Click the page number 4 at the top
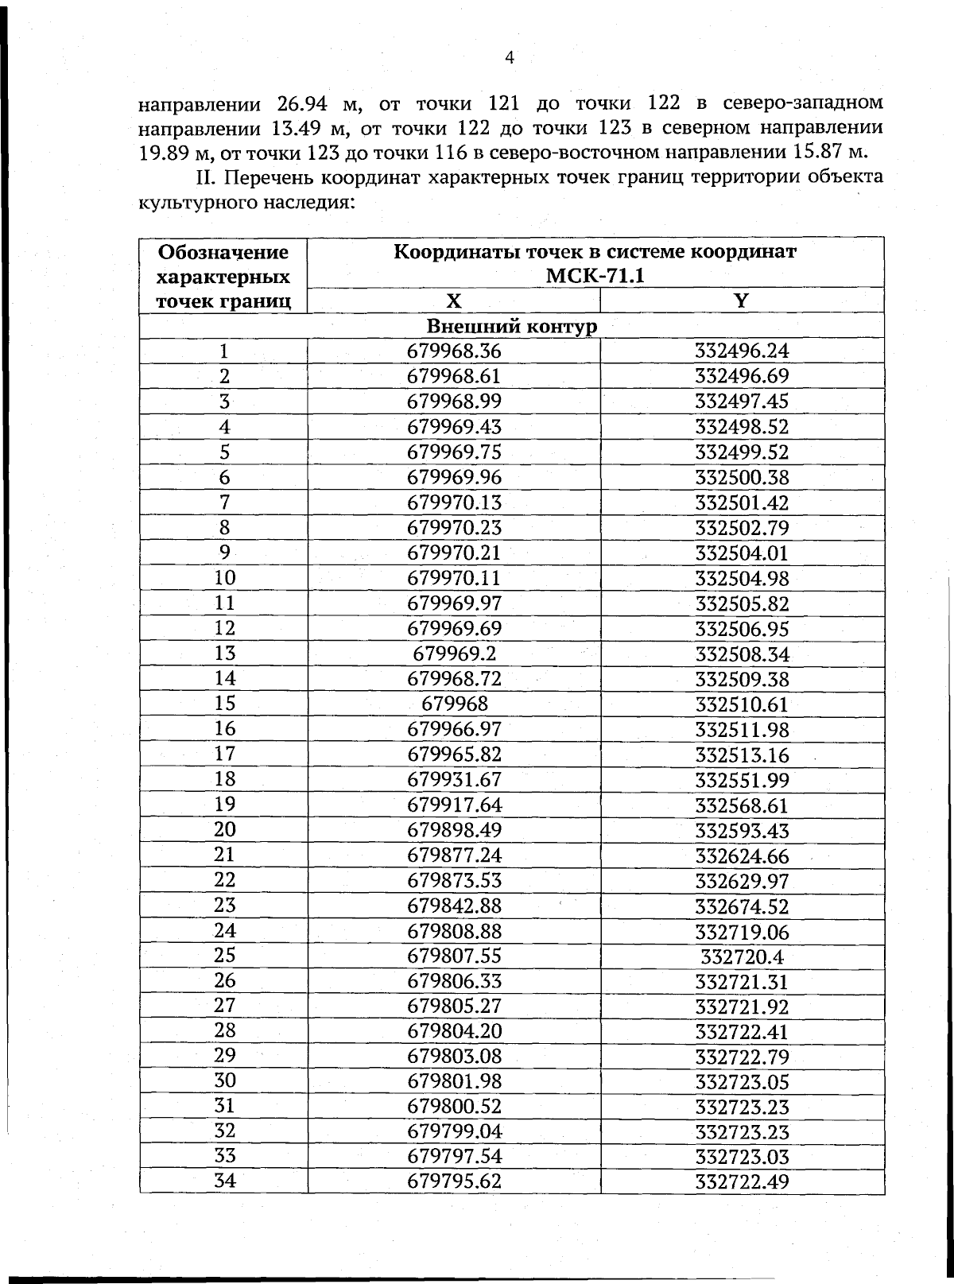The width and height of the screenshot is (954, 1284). (x=510, y=57)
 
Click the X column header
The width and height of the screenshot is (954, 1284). (x=453, y=301)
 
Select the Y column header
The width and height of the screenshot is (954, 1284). (x=741, y=301)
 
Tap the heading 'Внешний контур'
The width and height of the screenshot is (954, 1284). (x=511, y=326)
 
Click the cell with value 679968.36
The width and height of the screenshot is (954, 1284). (x=454, y=351)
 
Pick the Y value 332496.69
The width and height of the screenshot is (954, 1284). (x=741, y=376)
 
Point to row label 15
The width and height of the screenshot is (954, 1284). (x=225, y=704)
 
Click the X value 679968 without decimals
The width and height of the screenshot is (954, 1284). (x=454, y=704)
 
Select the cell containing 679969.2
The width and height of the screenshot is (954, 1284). (x=454, y=654)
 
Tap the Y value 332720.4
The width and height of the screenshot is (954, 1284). (x=741, y=956)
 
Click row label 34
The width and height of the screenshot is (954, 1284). (x=225, y=1181)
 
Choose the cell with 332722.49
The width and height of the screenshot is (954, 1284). (x=741, y=1183)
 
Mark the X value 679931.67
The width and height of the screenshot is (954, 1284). (x=454, y=779)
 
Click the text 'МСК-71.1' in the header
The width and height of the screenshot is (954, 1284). (x=595, y=276)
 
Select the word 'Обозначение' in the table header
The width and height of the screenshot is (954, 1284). (x=223, y=253)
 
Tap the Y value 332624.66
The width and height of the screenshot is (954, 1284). (x=741, y=856)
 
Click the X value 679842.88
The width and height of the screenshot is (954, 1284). (x=454, y=906)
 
